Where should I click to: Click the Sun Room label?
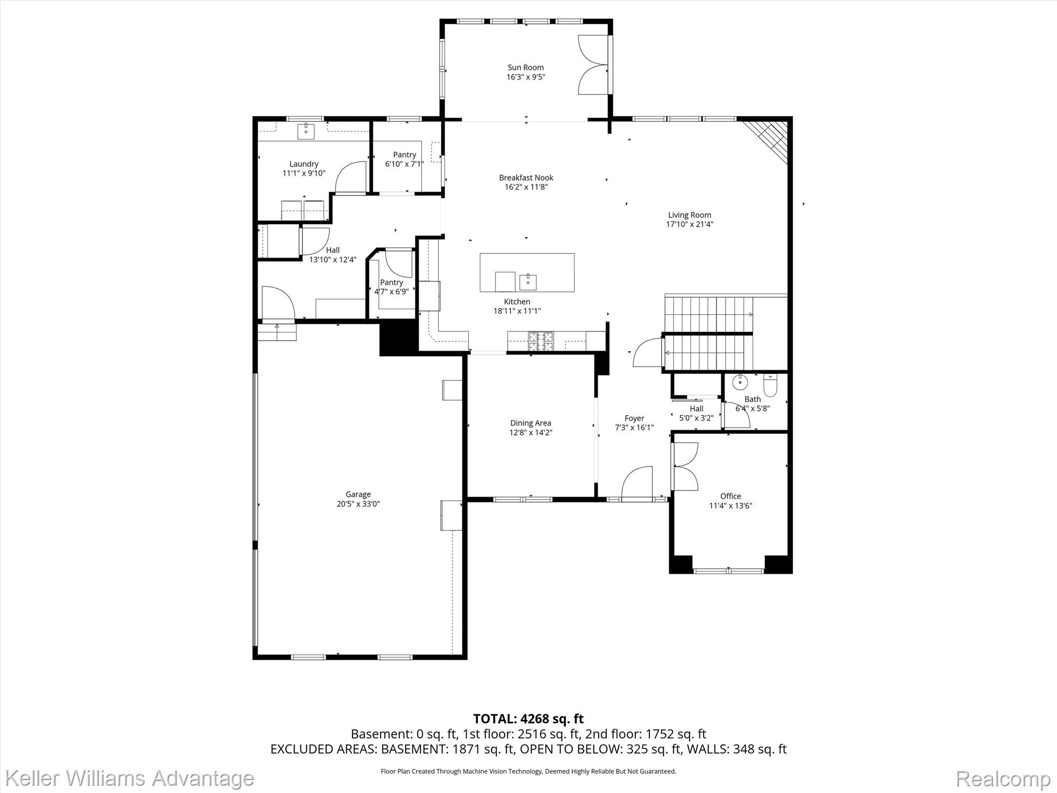pos(525,68)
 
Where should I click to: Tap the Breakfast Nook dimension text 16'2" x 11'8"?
pos(526,187)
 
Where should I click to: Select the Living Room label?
pos(690,215)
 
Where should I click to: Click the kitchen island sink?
pos(528,282)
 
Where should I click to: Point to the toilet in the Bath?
pos(770,385)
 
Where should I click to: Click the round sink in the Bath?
pos(740,382)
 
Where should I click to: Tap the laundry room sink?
pos(306,131)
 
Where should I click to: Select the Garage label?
pos(358,494)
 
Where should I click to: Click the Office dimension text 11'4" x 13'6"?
pos(730,506)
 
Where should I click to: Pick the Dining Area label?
pos(531,423)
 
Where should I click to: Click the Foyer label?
pos(634,418)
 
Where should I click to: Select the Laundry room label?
pos(303,164)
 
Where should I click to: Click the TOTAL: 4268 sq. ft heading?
pos(528,719)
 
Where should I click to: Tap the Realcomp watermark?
pos(1003,778)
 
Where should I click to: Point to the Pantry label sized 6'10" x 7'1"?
pos(405,155)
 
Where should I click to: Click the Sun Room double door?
pos(594,65)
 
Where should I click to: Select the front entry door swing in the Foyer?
pos(638,483)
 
